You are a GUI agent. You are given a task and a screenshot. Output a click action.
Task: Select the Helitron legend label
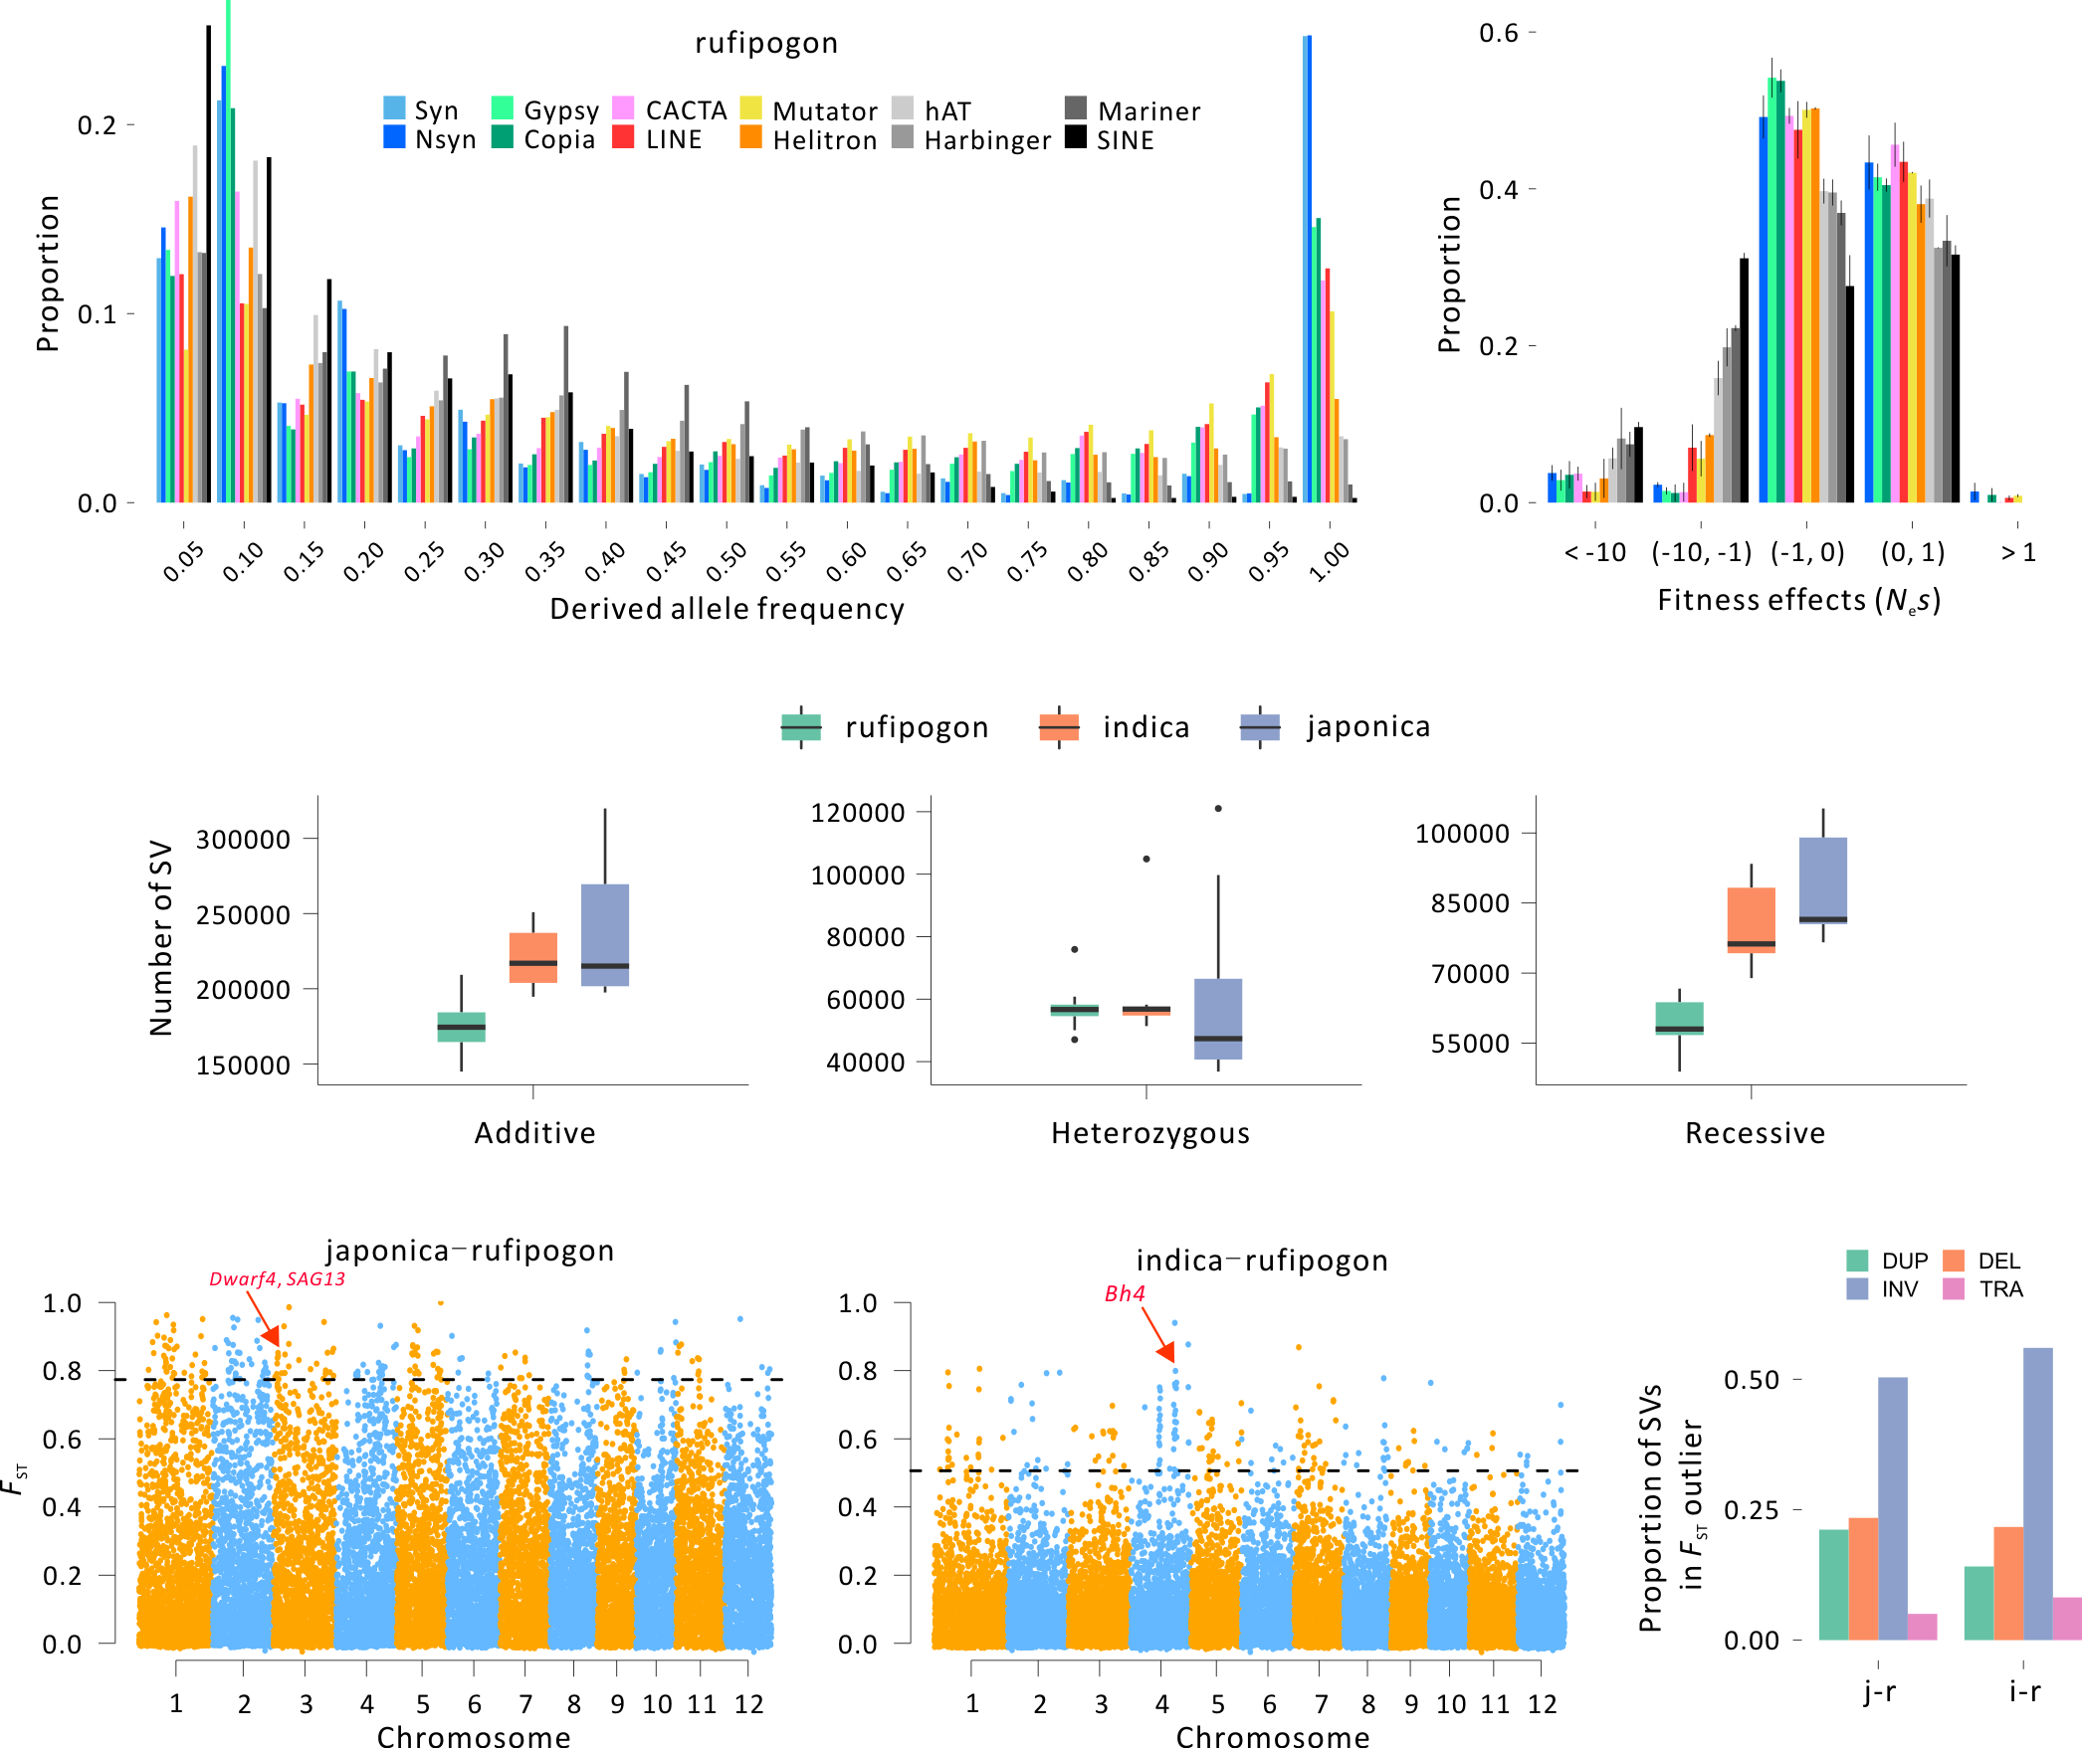825,140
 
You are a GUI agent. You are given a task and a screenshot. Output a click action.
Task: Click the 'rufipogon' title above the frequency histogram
766,43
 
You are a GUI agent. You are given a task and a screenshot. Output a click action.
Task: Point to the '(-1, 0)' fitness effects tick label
1807,552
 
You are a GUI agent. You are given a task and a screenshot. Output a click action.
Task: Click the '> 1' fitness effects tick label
2018,552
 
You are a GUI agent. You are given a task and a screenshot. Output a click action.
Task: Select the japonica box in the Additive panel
605,934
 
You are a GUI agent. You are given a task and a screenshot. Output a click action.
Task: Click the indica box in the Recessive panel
1752,919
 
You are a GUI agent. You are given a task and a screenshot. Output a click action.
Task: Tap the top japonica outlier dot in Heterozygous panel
1218,809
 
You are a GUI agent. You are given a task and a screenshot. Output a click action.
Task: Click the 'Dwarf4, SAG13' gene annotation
277,1279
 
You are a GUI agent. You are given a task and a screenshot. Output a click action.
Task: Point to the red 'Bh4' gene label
1125,1293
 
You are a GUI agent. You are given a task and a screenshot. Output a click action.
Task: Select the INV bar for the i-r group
2037,1493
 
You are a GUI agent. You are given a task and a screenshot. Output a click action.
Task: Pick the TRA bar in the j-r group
1922,1626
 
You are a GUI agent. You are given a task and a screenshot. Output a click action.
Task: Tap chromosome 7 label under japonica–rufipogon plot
525,1704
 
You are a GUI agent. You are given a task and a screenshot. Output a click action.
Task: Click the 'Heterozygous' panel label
1150,1133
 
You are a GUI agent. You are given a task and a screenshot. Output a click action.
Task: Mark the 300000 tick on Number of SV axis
243,839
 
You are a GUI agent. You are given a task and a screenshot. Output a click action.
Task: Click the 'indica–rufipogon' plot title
1262,1261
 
